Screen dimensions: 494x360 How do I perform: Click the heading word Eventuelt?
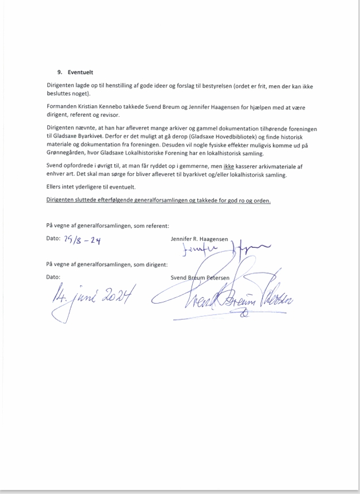pyautogui.click(x=80, y=72)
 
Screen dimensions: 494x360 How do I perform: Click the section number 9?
pyautogui.click(x=59, y=72)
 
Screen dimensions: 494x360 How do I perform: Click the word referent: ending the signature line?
pyautogui.click(x=155, y=225)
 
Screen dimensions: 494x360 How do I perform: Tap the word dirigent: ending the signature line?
pyautogui.click(x=155, y=265)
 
